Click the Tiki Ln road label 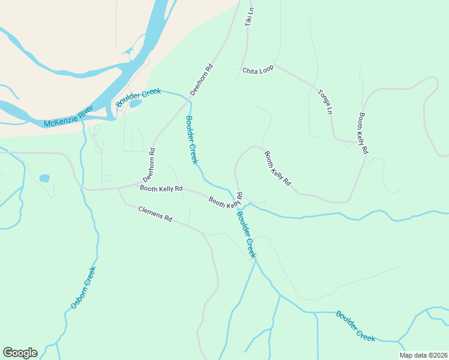point(250,16)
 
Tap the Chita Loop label point(258,70)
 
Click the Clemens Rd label point(155,214)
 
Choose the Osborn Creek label point(83,287)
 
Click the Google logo point(20,353)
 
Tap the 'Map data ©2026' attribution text point(423,355)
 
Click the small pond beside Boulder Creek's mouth point(136,103)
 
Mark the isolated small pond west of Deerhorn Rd point(44,178)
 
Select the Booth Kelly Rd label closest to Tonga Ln point(363,133)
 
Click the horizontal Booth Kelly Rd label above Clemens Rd point(161,188)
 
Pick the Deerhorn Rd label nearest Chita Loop point(202,80)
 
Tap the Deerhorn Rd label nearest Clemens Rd point(149,165)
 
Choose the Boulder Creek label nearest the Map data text point(355,326)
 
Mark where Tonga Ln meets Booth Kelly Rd point(354,143)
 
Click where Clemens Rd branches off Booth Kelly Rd point(118,188)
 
